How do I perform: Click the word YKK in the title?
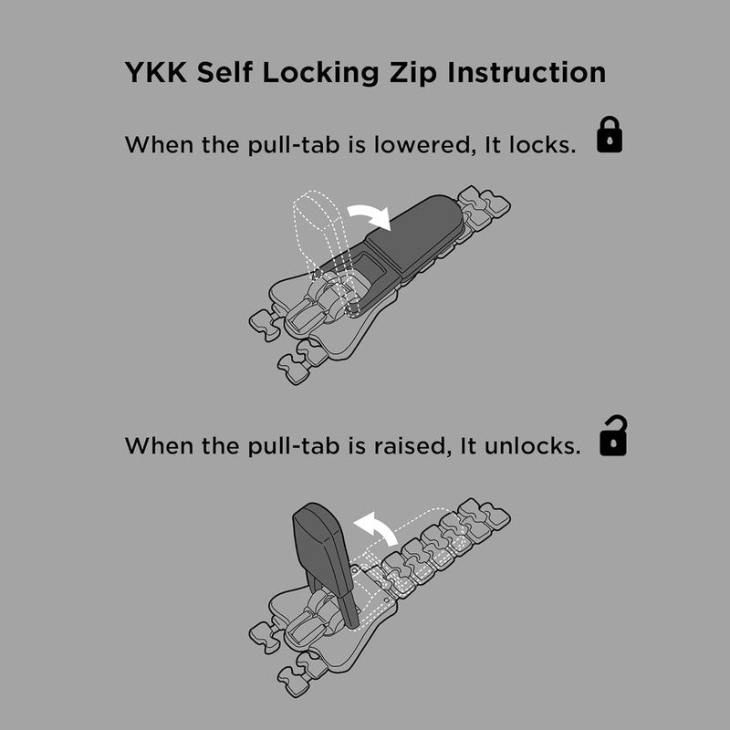pyautogui.click(x=156, y=73)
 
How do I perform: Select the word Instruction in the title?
pyautogui.click(x=527, y=73)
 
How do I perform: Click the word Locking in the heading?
pyautogui.click(x=320, y=74)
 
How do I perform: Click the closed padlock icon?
pyautogui.click(x=610, y=135)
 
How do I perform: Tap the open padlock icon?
pyautogui.click(x=613, y=436)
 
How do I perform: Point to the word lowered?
pyautogui.click(x=422, y=145)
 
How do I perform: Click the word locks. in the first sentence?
pyautogui.click(x=542, y=145)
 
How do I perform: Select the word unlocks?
pyautogui.click(x=533, y=445)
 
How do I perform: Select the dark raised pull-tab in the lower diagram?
pyautogui.click(x=326, y=558)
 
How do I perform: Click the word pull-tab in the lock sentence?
pyautogui.click(x=294, y=146)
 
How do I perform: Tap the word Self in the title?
pyautogui.click(x=224, y=73)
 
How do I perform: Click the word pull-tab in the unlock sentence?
pyautogui.click(x=294, y=446)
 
